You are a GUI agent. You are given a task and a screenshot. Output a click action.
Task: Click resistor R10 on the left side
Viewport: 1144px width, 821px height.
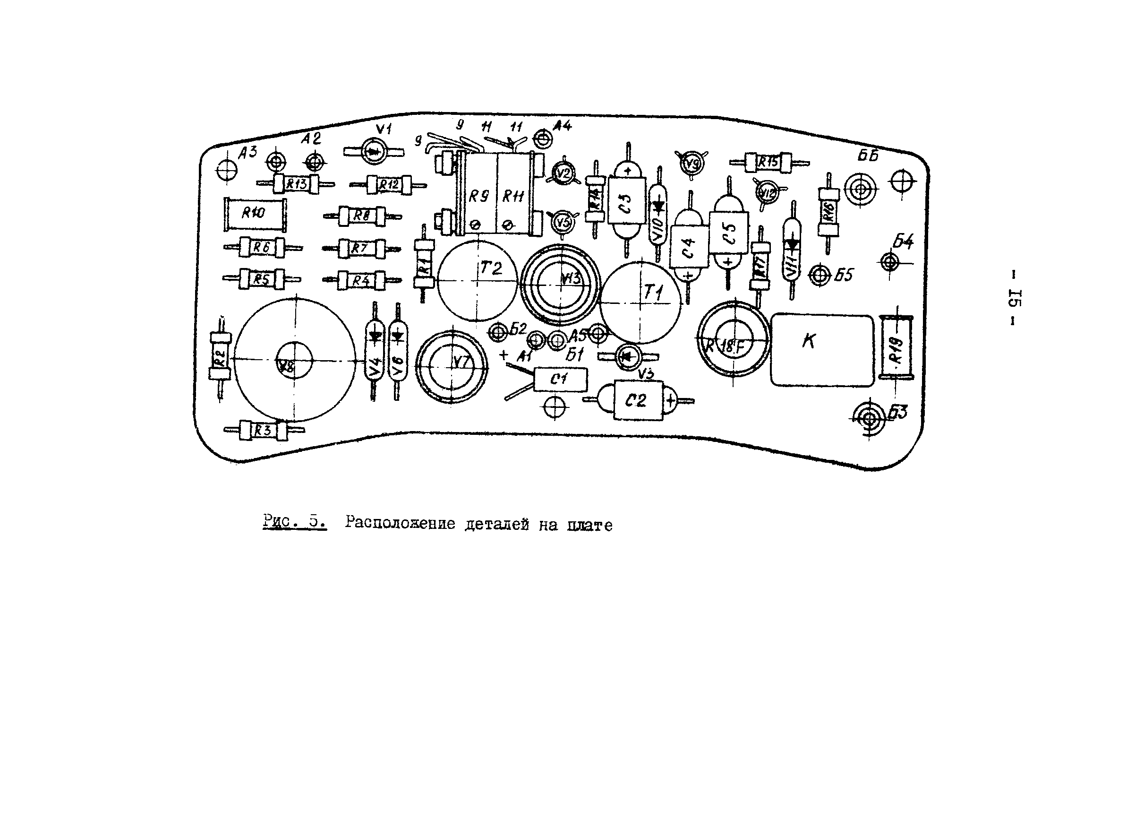pyautogui.click(x=255, y=214)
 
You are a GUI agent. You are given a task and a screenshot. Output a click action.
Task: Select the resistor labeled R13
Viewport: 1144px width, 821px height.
pyautogui.click(x=296, y=184)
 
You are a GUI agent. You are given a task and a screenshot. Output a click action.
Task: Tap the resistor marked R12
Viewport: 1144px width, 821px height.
pyautogui.click(x=388, y=185)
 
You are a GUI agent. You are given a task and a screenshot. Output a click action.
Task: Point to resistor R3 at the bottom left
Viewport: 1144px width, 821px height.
pyautogui.click(x=263, y=430)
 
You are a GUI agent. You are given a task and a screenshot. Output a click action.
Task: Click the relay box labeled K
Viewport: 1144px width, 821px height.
pyautogui.click(x=822, y=350)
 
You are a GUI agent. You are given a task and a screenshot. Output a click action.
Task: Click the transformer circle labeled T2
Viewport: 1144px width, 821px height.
pyautogui.click(x=477, y=281)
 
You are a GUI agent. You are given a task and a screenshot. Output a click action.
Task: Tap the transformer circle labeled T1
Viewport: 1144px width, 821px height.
pyautogui.click(x=640, y=302)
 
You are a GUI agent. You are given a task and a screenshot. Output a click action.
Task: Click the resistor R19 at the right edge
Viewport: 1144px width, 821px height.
pyautogui.click(x=896, y=347)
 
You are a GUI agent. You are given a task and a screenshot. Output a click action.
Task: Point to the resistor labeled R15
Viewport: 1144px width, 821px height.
pyautogui.click(x=768, y=163)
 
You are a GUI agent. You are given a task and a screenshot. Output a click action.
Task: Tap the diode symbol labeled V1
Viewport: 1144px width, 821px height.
pyautogui.click(x=374, y=151)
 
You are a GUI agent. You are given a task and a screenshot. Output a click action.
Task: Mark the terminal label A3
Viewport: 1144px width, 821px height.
pyautogui.click(x=248, y=152)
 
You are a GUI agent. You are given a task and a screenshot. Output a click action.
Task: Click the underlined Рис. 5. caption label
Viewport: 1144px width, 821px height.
pyautogui.click(x=295, y=522)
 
